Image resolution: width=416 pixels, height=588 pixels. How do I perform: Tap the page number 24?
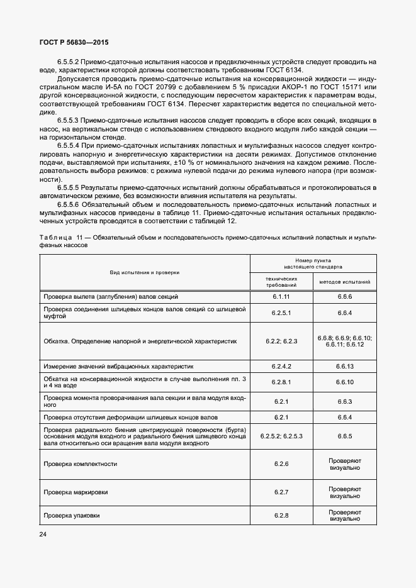point(43,535)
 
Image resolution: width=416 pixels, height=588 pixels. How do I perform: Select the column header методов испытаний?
point(344,282)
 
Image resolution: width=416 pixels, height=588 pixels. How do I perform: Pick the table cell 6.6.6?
point(344,296)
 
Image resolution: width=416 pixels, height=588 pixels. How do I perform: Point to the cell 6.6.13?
point(344,366)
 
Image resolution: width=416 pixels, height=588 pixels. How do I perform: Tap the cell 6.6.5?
point(344,435)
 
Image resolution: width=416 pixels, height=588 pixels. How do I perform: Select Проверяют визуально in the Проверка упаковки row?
point(344,516)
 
